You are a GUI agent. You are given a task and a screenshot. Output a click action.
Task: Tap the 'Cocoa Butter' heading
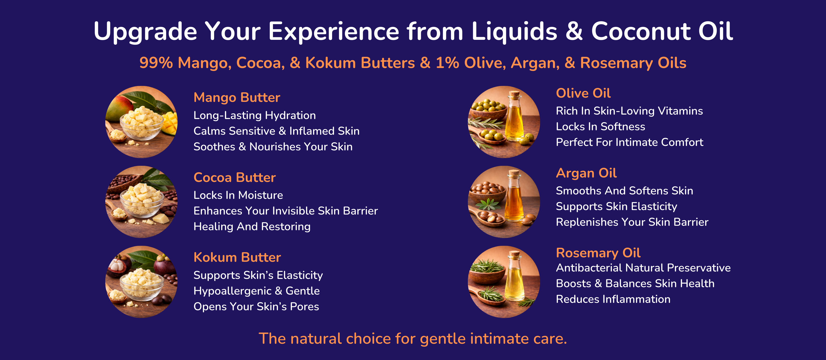tap(235, 177)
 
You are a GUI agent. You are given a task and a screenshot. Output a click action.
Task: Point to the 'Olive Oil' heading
tap(583, 93)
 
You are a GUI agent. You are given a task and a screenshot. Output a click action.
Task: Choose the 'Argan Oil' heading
tap(586, 173)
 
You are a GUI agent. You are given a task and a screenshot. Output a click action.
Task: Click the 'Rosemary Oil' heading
tap(598, 253)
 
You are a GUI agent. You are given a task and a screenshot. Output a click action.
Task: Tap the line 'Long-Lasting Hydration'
tap(255, 115)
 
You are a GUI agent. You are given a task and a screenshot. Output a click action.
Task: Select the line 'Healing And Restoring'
tap(252, 227)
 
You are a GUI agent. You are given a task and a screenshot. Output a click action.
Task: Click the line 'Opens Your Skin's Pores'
tap(256, 307)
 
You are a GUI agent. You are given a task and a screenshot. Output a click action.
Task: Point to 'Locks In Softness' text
tap(600, 127)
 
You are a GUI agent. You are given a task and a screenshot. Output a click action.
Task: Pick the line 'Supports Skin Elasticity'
tap(616, 206)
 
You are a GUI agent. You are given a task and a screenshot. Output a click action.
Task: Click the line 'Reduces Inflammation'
tap(613, 299)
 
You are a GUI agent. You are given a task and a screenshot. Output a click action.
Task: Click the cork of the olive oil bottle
tap(514, 95)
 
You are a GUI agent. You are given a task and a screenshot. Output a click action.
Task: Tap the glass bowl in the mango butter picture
tap(141, 127)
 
